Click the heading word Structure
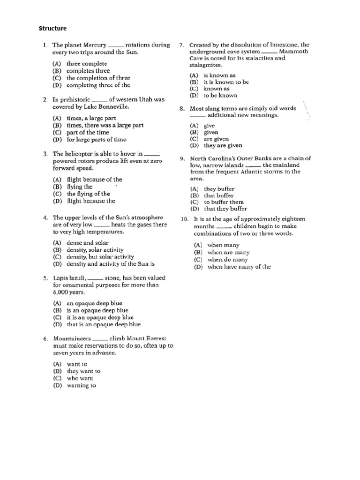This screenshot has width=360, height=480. click(52, 29)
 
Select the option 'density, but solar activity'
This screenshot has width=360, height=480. click(100, 257)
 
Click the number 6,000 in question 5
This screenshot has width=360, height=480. click(60, 292)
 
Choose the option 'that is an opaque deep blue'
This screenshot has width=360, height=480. click(104, 324)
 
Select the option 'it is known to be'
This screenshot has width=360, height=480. click(226, 82)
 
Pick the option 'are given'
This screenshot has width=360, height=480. click(216, 139)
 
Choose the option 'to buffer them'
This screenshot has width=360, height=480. click(224, 202)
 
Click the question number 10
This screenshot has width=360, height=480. click(185, 219)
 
